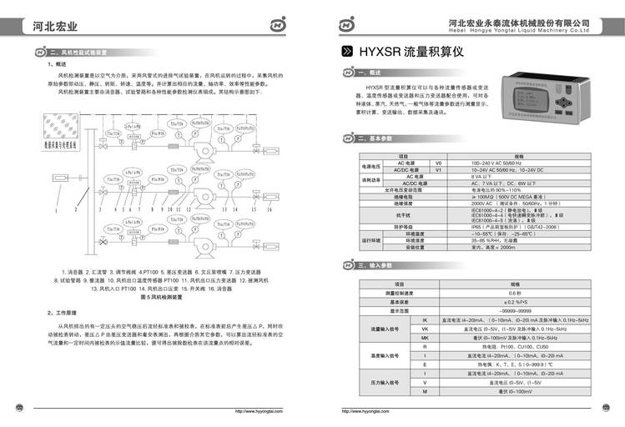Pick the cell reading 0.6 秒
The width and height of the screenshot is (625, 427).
tap(515, 294)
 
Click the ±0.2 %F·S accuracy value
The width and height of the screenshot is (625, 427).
tap(515, 302)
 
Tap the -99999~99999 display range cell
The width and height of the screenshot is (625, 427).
tap(515, 310)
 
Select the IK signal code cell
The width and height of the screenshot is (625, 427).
tap(425, 319)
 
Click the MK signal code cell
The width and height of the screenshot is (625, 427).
tap(425, 337)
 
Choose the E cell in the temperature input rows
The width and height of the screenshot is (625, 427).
tap(425, 364)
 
